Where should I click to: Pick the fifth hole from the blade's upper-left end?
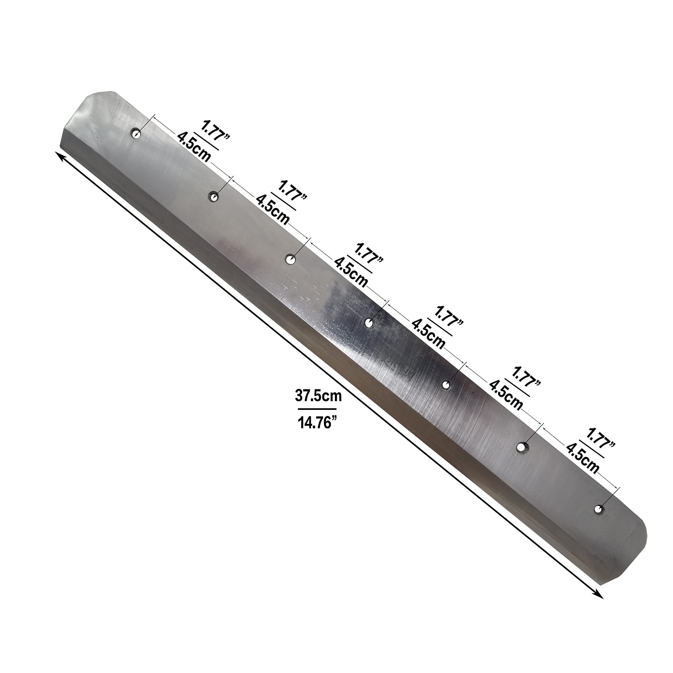click(446, 385)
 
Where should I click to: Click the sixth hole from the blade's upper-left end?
click(522, 447)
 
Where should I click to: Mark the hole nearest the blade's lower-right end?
click(598, 509)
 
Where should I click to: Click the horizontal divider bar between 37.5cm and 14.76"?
click(317, 409)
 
